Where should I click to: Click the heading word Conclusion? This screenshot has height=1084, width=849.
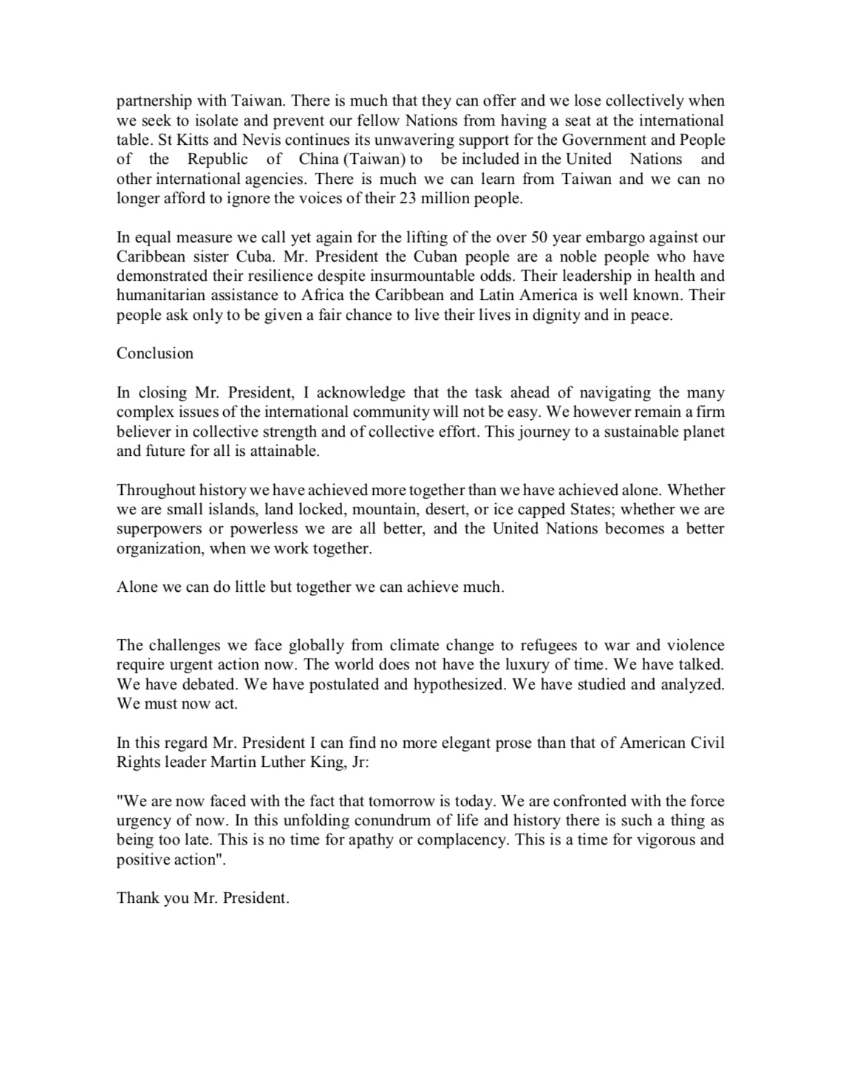[155, 353]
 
